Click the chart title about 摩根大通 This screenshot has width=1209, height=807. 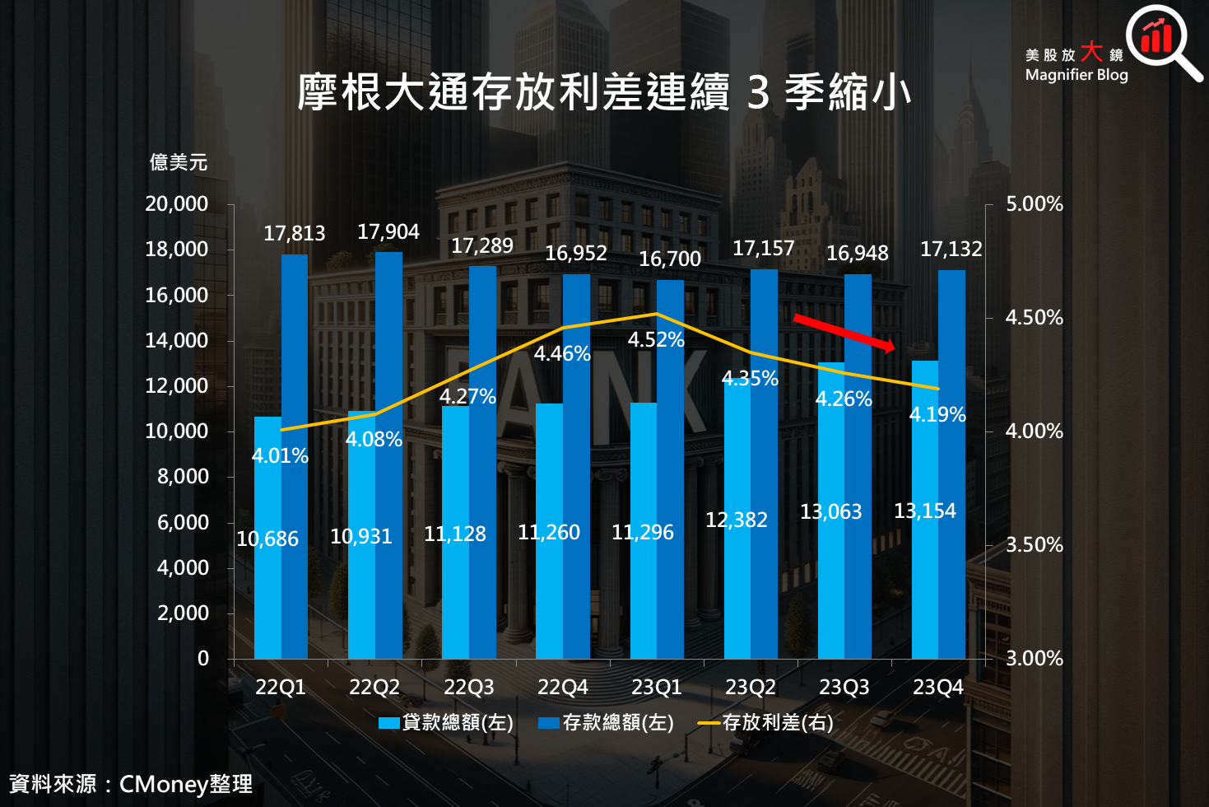(x=604, y=91)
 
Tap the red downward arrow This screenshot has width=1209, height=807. (x=844, y=333)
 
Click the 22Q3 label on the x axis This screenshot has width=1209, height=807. (x=468, y=687)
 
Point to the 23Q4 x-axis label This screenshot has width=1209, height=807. (x=937, y=687)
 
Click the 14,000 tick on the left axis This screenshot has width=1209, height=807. (x=176, y=340)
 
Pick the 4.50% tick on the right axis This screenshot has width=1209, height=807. (x=1034, y=318)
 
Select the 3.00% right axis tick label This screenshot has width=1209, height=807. (x=1034, y=659)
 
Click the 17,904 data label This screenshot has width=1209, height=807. (x=388, y=232)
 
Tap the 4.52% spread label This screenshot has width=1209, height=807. (x=656, y=339)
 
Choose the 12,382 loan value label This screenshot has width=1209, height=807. (x=736, y=520)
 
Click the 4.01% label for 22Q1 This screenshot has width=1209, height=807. (x=280, y=455)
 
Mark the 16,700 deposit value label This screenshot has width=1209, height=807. (x=669, y=259)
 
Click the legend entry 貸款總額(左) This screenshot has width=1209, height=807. (x=445, y=723)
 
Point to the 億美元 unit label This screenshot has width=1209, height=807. (x=178, y=162)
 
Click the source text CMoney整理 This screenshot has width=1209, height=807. (x=185, y=784)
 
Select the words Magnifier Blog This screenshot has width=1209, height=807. (x=1076, y=75)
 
